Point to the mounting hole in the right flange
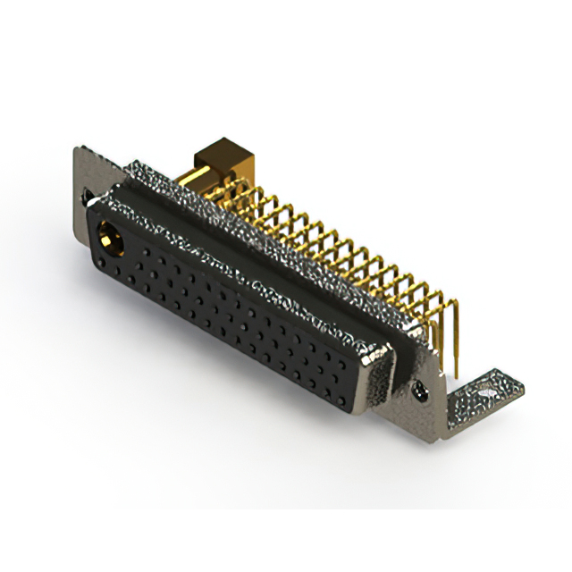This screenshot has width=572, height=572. click(x=419, y=388)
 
